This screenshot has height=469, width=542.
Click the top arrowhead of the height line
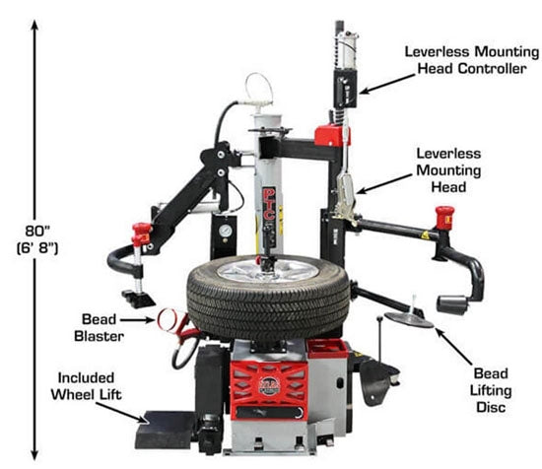tap(40, 27)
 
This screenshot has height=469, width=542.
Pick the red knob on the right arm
tap(444, 217)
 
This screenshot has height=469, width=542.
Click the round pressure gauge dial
tap(229, 226)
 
